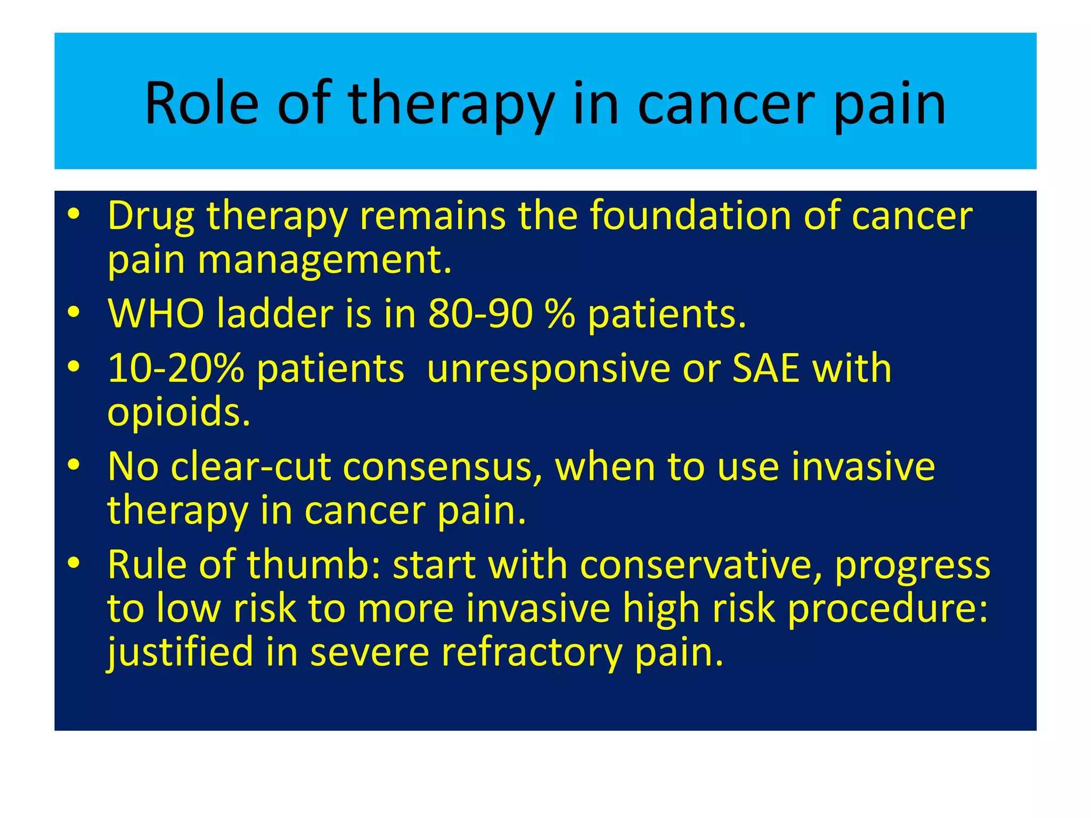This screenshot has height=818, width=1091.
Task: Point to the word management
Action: click(324, 260)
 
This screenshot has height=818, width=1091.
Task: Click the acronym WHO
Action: click(156, 314)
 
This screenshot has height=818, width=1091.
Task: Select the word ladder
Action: click(275, 314)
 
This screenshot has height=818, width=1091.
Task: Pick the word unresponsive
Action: click(548, 369)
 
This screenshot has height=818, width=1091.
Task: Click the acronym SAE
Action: click(766, 369)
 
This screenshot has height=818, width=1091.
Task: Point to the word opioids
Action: click(178, 412)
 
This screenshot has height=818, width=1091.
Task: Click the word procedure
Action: click(887, 609)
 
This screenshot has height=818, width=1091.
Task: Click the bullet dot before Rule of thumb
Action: click(74, 562)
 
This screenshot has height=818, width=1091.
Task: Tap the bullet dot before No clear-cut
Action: click(74, 465)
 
